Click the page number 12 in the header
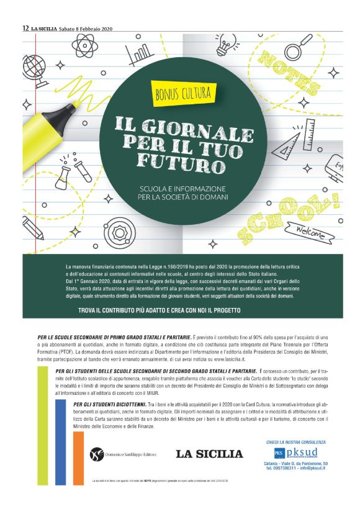[25, 29]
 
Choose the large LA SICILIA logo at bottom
[209, 454]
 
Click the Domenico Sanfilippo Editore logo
[121, 454]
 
